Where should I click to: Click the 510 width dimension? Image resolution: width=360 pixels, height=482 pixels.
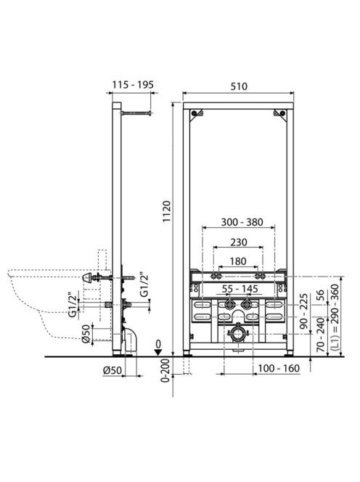239,86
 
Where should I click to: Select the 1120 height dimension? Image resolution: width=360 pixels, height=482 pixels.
167,211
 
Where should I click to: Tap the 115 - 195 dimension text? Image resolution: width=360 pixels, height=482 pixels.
133,84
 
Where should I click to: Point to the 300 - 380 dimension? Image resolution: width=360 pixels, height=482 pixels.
242,222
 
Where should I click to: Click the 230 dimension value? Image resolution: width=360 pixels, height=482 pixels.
239,242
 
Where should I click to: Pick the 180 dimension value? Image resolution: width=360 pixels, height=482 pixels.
238,261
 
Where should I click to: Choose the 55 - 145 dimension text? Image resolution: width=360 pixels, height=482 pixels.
240,289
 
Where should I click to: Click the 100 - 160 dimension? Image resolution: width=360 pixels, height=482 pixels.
279,368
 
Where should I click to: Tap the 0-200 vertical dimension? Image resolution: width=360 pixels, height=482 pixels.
165,370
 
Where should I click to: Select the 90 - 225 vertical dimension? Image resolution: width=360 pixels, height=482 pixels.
303,311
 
